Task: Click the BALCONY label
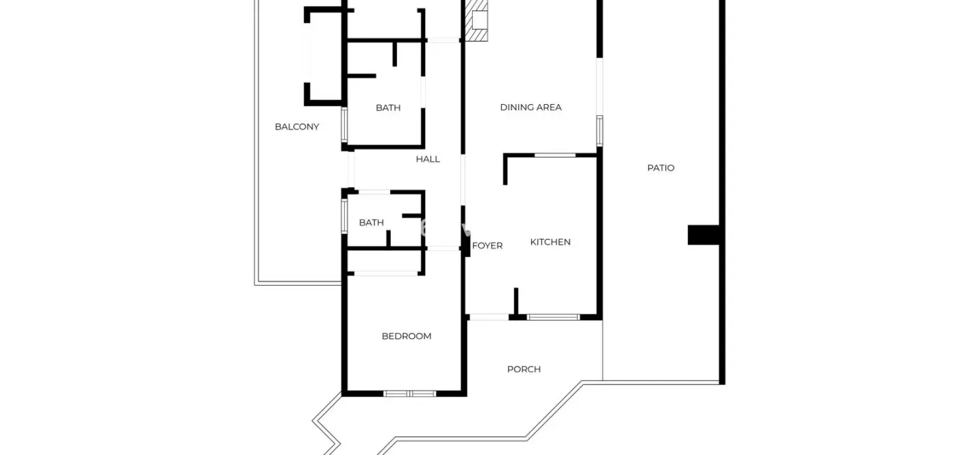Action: coord(296,127)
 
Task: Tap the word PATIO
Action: coord(660,168)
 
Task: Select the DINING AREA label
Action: coord(530,108)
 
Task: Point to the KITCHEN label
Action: coord(550,242)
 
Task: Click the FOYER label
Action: coord(487,246)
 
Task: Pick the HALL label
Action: coord(428,160)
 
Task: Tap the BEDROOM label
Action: coord(407,336)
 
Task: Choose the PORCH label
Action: coord(524,369)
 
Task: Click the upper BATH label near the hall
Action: coord(388,108)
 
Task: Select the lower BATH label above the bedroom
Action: coord(372,223)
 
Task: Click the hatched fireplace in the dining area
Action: coord(476,21)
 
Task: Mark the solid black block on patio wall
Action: coord(704,235)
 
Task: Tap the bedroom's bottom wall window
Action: coord(409,394)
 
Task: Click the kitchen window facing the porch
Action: coord(553,317)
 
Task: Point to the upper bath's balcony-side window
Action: coord(344,125)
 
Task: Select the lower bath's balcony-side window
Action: coord(344,217)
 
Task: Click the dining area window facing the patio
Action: coord(599,130)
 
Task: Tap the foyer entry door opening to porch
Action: coord(489,317)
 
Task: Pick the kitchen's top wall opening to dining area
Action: coord(555,155)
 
